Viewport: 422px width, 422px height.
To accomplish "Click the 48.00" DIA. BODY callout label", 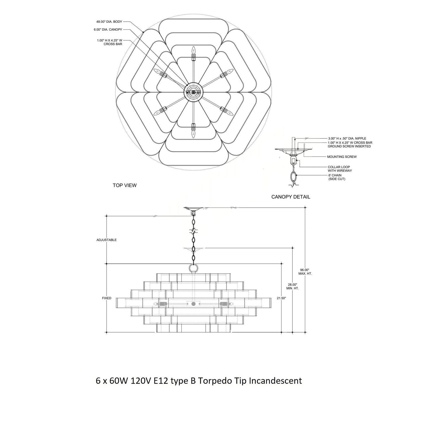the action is click(109, 22).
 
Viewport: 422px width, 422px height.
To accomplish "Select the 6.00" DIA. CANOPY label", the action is click(108, 29).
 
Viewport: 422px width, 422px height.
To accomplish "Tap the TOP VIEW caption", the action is click(125, 185).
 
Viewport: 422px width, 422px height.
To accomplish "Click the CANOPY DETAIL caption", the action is click(291, 197).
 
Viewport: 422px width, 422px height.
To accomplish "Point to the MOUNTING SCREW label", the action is click(342, 157).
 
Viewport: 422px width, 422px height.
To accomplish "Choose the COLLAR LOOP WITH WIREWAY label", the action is click(340, 169).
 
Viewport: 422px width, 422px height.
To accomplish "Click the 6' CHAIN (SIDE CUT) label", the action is click(337, 177).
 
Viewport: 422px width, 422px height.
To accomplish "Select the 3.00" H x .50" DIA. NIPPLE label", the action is click(347, 138).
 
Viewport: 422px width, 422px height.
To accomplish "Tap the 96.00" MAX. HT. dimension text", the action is click(305, 272).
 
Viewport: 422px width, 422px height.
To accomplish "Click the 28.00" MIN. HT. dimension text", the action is click(292, 286).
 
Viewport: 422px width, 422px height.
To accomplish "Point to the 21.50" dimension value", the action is click(282, 298).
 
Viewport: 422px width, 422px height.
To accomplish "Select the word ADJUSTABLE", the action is click(106, 240).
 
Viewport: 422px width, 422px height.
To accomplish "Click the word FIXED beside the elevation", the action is click(107, 298).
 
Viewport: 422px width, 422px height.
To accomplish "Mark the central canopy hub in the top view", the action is click(193, 92).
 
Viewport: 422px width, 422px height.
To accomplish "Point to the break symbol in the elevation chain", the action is click(194, 231).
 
